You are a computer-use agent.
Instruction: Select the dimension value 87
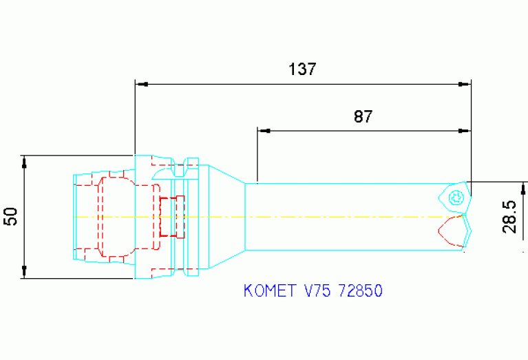click(x=363, y=116)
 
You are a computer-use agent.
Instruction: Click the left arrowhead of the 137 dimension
click(x=141, y=84)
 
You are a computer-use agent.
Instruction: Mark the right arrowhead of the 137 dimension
click(x=465, y=84)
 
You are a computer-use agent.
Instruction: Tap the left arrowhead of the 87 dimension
click(x=263, y=130)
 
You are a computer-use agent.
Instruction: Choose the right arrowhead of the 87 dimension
click(x=465, y=130)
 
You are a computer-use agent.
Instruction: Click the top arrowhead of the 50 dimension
click(x=24, y=163)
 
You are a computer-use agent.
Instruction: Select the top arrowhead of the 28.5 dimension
click(x=525, y=188)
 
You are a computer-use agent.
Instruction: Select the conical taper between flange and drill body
click(x=226, y=217)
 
